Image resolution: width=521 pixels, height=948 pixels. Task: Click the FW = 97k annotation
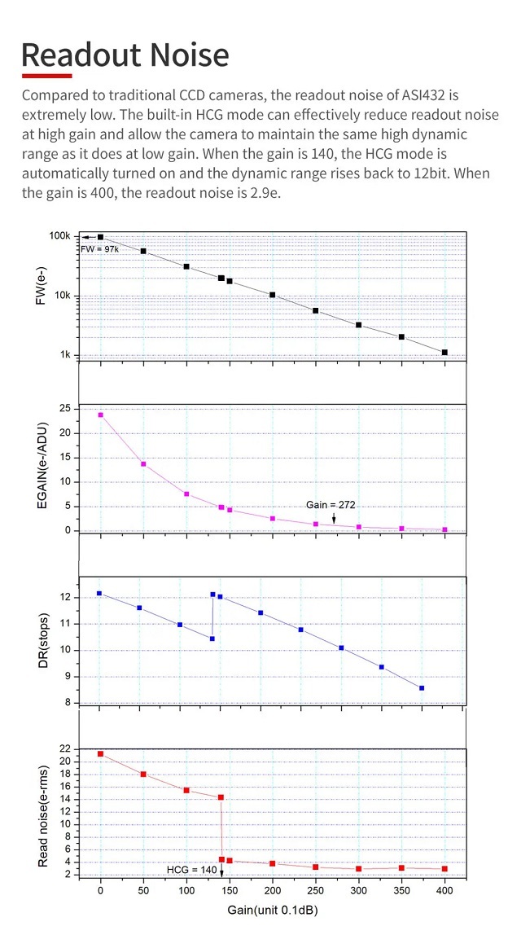pyautogui.click(x=99, y=248)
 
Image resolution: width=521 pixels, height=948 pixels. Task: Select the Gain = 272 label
pyautogui.click(x=331, y=505)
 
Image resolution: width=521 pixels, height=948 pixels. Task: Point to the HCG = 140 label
pyautogui.click(x=192, y=870)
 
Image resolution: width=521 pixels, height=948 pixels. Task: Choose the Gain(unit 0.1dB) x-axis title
pyautogui.click(x=272, y=910)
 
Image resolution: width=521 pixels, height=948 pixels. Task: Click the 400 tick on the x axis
pyautogui.click(x=444, y=892)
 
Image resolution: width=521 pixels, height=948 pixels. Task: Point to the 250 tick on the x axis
pyautogui.click(x=315, y=892)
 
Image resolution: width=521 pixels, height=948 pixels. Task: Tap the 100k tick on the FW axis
pyautogui.click(x=60, y=236)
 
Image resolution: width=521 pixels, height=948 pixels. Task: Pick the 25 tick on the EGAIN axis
pyautogui.click(x=64, y=409)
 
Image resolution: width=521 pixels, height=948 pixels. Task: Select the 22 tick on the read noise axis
pyautogui.click(x=64, y=748)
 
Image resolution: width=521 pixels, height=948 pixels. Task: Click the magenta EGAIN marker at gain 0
pyautogui.click(x=101, y=415)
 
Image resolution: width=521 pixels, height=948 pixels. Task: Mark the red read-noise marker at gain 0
pyautogui.click(x=101, y=753)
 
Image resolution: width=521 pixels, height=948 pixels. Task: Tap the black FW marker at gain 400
pyautogui.click(x=444, y=353)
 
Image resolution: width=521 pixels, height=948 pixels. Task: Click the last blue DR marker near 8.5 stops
pyautogui.click(x=422, y=688)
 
